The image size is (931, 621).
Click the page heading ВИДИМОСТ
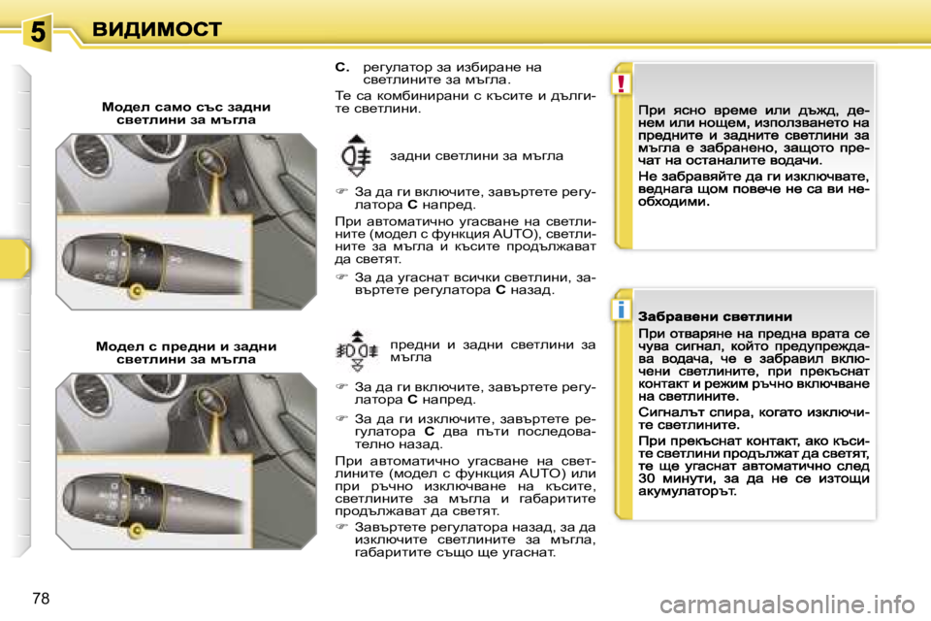pos(158,29)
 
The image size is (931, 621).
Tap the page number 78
pos(41,598)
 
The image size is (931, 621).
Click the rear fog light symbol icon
pos(356,155)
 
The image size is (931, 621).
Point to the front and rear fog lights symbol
pos(356,350)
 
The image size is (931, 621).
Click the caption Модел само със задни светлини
pos(186,113)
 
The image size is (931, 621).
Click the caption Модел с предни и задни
pos(186,352)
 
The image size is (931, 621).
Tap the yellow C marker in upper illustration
pos(136,290)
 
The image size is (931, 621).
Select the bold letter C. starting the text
pos(341,67)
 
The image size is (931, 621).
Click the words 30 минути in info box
pos(677,477)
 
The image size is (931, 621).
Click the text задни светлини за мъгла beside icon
pos(475,155)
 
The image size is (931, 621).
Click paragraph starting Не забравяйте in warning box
pos(754,190)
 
